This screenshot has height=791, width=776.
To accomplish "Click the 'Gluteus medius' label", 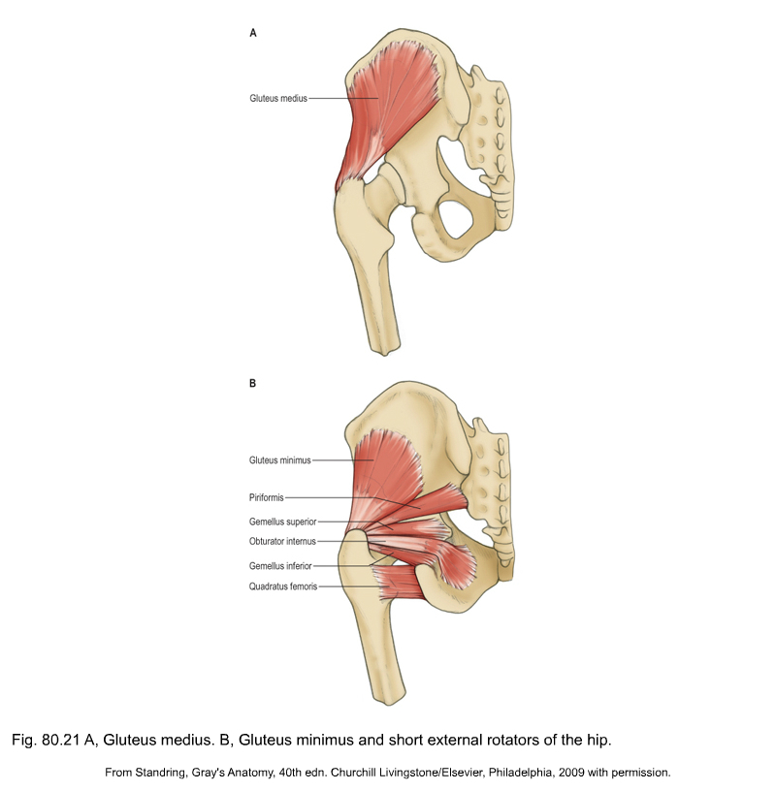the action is (x=278, y=98).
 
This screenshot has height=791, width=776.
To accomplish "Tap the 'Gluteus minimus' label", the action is (x=279, y=460).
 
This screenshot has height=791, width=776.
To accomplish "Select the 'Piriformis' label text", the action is (x=266, y=498).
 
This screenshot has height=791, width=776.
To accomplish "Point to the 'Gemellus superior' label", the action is (x=282, y=522).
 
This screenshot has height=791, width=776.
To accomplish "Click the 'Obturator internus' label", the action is (x=282, y=541).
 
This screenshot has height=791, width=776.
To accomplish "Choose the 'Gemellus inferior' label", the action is (x=280, y=566).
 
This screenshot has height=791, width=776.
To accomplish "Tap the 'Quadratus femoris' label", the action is (x=282, y=586).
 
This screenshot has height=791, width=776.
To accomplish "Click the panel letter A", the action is (x=253, y=33).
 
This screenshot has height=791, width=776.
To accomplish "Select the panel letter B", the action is (x=252, y=384).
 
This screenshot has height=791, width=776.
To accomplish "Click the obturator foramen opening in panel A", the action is (x=455, y=218).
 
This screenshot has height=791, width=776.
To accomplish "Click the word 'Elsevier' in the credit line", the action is (x=463, y=773).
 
